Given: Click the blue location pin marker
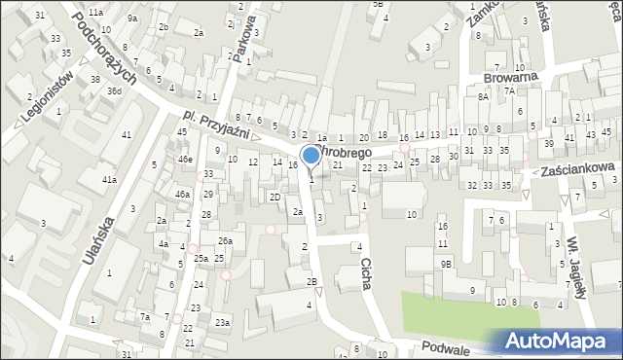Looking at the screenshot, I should pyautogui.click(x=311, y=156).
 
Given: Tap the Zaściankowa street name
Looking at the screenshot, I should pyautogui.click(x=581, y=168).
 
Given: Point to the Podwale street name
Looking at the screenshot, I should pyautogui.click(x=447, y=346).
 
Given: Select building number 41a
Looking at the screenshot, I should pyautogui.click(x=110, y=180).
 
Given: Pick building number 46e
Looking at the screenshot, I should pyautogui.click(x=185, y=159).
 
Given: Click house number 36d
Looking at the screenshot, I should pyautogui.click(x=115, y=90).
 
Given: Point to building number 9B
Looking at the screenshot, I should pyautogui.click(x=446, y=264).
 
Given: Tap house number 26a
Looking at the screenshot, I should pyautogui.click(x=225, y=240).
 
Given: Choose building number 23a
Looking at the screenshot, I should pyautogui.click(x=223, y=322).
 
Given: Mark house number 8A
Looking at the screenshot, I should pyautogui.click(x=482, y=96).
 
